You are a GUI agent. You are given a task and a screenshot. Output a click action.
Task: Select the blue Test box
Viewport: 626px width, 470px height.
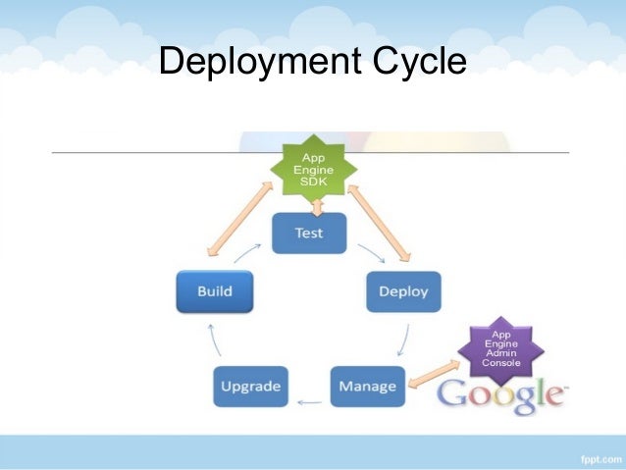309,234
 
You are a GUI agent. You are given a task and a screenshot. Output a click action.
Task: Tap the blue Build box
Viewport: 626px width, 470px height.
214,291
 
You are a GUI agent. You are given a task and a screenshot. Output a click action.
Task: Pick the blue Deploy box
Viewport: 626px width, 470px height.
403,291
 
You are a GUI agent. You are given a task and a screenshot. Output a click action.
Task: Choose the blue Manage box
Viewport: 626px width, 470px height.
367,386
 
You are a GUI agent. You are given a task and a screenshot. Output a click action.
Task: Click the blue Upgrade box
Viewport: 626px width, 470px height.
251,386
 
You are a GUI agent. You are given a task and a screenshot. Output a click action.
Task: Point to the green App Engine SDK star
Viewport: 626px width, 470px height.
316,169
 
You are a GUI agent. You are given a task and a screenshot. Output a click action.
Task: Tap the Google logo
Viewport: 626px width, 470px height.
501,395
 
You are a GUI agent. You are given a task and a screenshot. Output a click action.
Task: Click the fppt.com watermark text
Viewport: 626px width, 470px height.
595,456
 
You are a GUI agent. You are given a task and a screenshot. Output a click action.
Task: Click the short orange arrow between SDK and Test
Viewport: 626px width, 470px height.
317,205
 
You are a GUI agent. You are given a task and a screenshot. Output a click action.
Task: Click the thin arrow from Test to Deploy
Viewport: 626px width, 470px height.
369,253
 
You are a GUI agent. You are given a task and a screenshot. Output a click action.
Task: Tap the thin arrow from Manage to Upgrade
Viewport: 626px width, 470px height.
310,401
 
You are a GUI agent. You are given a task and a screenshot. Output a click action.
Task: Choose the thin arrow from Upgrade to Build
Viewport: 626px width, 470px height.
218,339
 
